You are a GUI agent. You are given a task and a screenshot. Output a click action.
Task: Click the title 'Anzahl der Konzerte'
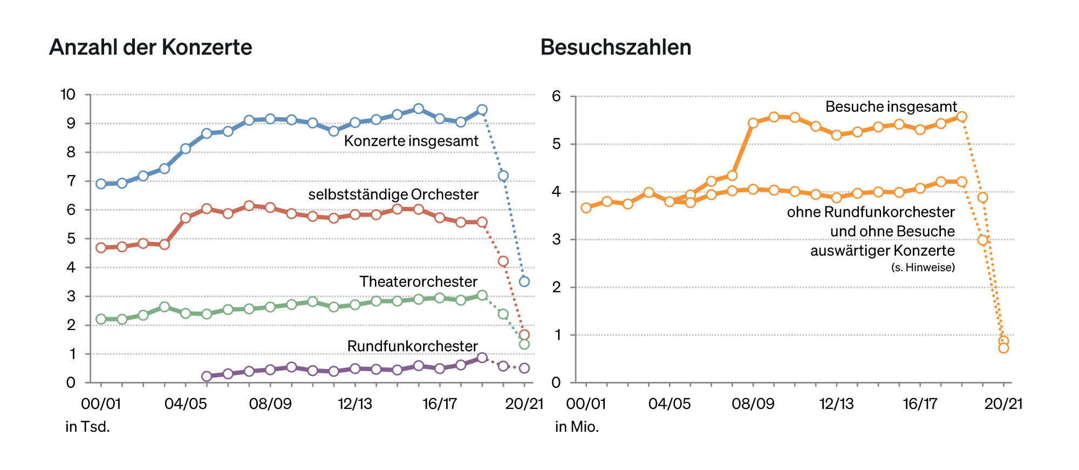151,48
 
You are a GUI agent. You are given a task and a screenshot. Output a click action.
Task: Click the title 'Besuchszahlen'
616,48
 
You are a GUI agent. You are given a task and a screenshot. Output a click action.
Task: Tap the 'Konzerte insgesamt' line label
411,141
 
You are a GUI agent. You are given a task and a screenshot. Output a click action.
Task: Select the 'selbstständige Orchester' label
393,194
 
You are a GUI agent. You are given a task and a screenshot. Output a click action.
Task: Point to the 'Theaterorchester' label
418,281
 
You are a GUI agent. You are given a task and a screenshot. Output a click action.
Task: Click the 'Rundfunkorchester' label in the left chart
412,346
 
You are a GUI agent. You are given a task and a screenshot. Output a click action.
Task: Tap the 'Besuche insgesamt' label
891,106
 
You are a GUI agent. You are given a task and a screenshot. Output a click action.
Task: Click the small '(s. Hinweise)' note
923,267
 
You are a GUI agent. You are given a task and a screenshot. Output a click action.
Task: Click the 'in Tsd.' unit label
87,427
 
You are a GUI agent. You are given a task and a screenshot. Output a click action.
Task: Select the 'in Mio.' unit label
577,427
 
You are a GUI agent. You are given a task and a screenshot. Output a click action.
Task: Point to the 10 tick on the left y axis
68,95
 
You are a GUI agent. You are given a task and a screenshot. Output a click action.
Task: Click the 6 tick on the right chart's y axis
556,96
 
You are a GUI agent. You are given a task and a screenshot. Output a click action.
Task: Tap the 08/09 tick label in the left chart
270,404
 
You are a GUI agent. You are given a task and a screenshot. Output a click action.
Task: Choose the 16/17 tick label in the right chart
920,404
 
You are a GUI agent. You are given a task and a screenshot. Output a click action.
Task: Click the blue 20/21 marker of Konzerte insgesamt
524,281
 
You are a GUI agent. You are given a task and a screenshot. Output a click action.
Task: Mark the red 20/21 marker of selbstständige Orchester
524,334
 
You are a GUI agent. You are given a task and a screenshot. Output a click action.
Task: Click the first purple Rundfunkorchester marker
207,377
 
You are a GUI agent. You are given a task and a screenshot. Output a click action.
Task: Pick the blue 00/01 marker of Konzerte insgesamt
101,184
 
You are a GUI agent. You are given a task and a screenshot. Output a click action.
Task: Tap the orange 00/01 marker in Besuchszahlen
586,208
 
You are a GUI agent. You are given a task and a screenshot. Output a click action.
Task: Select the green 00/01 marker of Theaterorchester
101,319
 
